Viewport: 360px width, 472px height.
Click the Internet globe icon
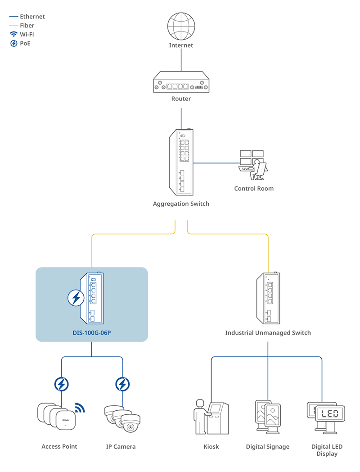coord(181,27)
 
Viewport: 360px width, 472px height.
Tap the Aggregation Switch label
coord(181,204)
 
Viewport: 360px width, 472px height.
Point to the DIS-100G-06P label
coord(92,333)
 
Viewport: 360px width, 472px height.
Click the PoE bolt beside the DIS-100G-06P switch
coord(76,298)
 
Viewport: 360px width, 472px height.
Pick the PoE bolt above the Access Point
coord(62,384)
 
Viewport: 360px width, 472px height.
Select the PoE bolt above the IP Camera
coord(122,384)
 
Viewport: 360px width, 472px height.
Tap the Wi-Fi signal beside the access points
coord(80,408)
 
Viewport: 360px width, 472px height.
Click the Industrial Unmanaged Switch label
coord(268,333)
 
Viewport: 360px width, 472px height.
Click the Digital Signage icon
coord(268,417)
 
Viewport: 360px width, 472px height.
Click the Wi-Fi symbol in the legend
coord(13,35)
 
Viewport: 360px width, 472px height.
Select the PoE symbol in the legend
coord(13,44)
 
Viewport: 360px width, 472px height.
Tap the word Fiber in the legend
coord(27,26)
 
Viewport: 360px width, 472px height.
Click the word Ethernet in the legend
coord(32,17)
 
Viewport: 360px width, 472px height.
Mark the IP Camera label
coord(121,447)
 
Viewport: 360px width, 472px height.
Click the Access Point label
coord(59,447)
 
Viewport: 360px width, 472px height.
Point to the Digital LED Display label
coord(327,450)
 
